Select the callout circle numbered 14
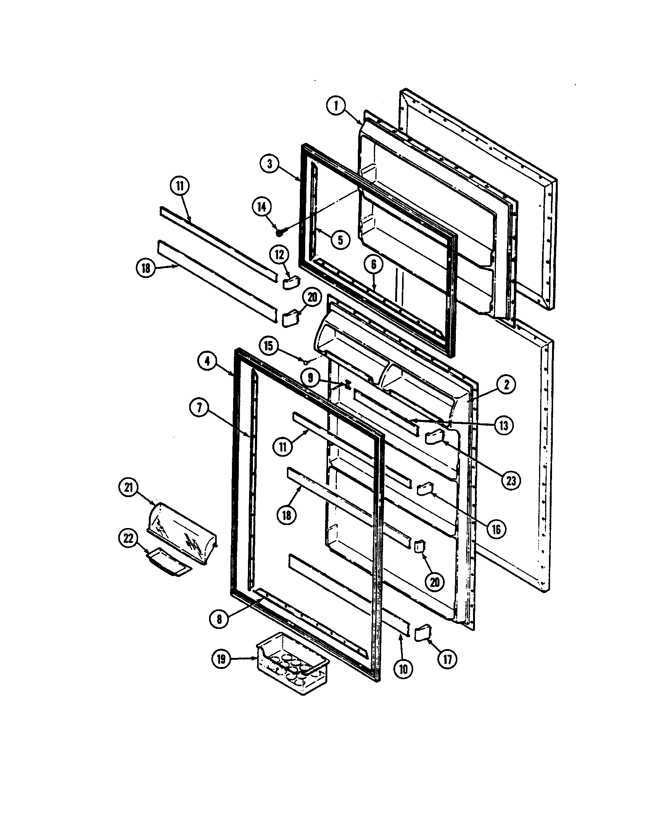[261, 207]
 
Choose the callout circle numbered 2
[506, 384]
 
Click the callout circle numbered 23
[511, 480]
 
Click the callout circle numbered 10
[403, 669]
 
